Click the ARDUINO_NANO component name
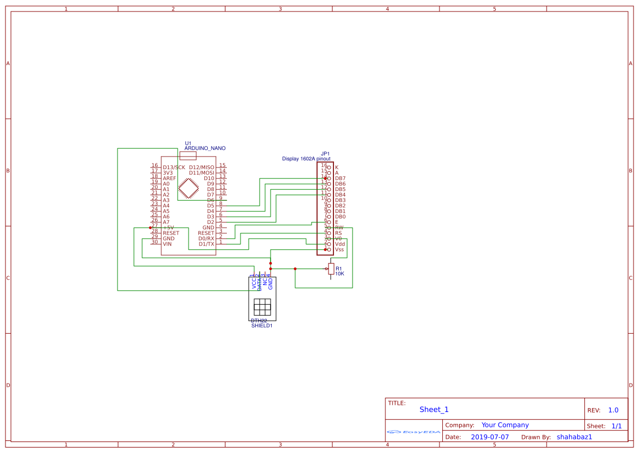click(x=205, y=148)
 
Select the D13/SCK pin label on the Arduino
click(x=174, y=167)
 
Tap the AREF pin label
click(x=169, y=178)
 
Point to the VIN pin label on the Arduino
click(x=167, y=244)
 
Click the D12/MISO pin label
click(x=202, y=167)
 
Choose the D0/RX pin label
click(x=207, y=239)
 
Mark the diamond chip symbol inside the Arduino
click(x=189, y=188)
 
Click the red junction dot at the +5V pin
click(x=150, y=228)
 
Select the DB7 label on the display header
click(x=340, y=178)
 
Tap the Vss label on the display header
click(x=339, y=249)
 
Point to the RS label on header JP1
click(x=338, y=233)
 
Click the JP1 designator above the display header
click(x=325, y=154)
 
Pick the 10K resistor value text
click(x=339, y=274)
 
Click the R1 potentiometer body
click(x=331, y=268)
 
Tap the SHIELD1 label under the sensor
click(x=262, y=326)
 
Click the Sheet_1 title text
click(x=434, y=410)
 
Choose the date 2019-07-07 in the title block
click(x=490, y=437)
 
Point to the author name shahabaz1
click(x=574, y=437)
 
